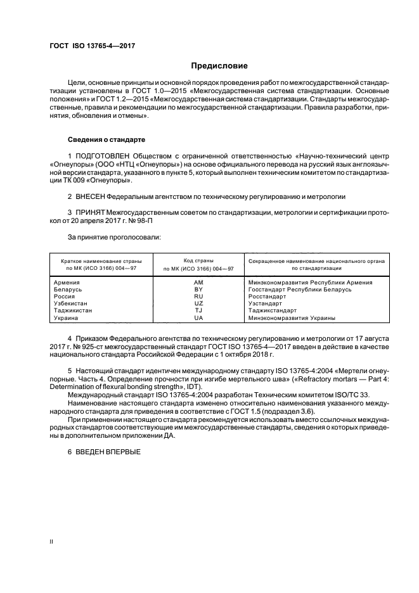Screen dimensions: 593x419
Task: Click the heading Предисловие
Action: pos(220,66)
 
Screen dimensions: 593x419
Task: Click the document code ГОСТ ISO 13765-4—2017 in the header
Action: pos(92,46)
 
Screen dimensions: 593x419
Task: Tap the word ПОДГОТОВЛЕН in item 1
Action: pos(105,155)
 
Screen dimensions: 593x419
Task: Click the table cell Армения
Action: pos(67,282)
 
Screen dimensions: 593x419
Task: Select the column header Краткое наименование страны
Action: pos(101,260)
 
